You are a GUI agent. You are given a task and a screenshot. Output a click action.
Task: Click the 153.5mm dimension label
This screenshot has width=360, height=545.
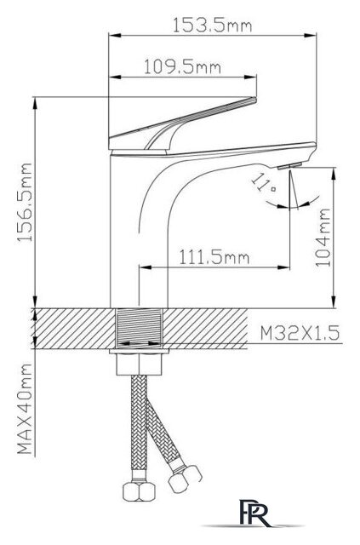pyautogui.click(x=212, y=25)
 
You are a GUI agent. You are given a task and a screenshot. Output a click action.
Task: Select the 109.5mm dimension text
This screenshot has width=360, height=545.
pyautogui.click(x=182, y=66)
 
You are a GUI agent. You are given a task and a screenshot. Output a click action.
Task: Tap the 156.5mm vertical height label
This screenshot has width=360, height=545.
pyautogui.click(x=26, y=203)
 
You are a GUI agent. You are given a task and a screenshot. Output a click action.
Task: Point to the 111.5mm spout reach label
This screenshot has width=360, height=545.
pyautogui.click(x=214, y=257)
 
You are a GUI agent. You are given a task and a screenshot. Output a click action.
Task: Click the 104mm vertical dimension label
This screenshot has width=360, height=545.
pyautogui.click(x=323, y=237)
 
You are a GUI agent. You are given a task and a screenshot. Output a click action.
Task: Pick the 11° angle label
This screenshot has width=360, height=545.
pyautogui.click(x=264, y=184)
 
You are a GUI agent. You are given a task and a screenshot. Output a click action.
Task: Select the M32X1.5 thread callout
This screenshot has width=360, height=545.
pyautogui.click(x=300, y=333)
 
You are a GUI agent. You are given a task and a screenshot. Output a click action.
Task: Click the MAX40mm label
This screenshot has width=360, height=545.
pyautogui.click(x=25, y=409)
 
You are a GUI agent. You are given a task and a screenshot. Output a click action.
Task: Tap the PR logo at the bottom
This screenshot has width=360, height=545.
pyautogui.click(x=254, y=513)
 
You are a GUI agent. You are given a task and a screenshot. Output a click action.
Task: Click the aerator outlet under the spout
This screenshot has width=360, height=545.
pyautogui.click(x=290, y=166)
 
